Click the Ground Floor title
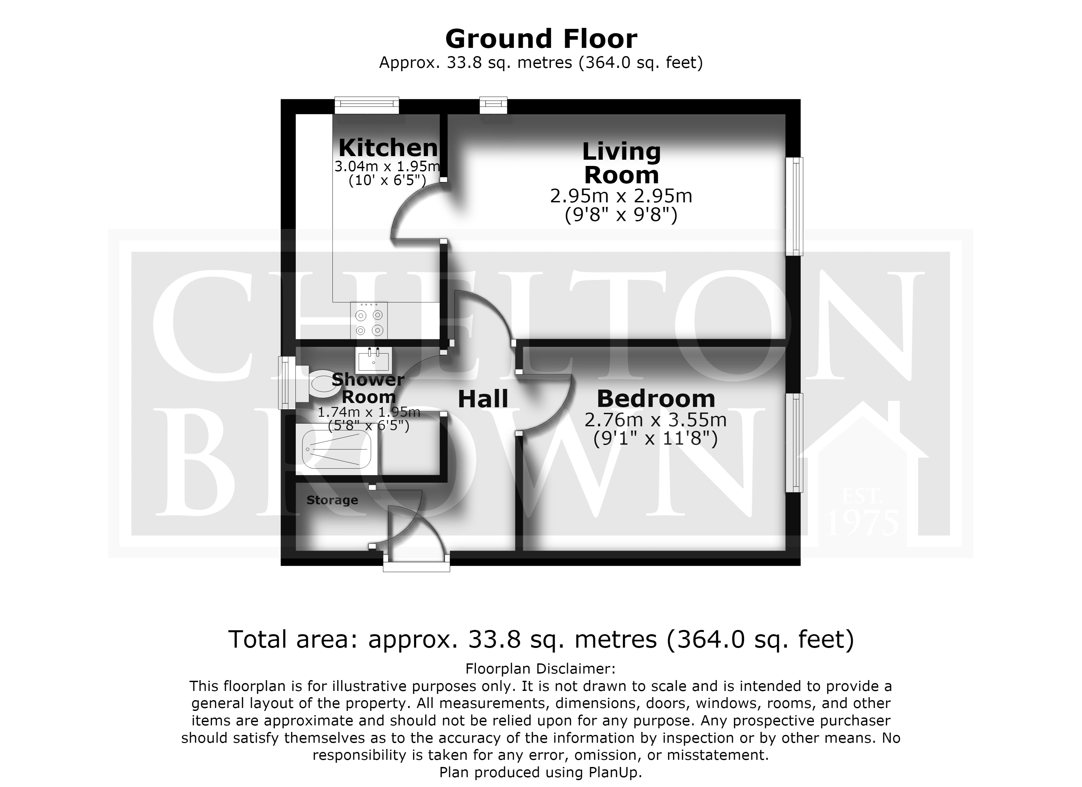point(541,39)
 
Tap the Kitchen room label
point(388,148)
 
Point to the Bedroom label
point(656,398)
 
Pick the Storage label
point(332,500)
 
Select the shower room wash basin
point(373,360)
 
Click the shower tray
point(337,450)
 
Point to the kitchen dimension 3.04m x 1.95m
point(387,167)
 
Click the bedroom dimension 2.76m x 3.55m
point(655,420)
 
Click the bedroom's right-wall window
point(794,442)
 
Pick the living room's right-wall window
point(794,207)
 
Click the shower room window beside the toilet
point(287,383)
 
